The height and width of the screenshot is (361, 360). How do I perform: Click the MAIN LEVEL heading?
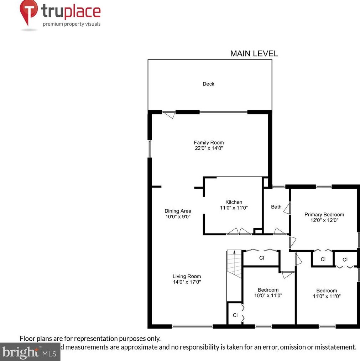(254, 54)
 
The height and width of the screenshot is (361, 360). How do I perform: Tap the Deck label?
(208, 84)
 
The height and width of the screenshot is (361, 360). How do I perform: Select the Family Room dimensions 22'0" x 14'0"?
(209, 148)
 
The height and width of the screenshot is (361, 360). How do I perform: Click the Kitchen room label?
(234, 202)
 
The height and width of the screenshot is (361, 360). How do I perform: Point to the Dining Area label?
(178, 211)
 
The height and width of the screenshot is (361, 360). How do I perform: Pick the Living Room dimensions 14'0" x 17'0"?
(187, 282)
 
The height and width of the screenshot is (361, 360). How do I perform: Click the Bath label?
(276, 206)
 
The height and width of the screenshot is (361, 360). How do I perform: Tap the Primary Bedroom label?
(324, 214)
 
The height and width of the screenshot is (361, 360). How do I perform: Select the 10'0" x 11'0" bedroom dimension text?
(268, 295)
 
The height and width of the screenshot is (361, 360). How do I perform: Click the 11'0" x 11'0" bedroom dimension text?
(327, 296)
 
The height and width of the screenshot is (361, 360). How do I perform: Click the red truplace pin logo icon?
(28, 12)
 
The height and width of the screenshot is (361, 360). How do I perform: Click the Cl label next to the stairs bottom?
(235, 315)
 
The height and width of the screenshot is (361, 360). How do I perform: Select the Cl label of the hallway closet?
(261, 258)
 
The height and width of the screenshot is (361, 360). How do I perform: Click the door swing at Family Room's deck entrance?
(169, 115)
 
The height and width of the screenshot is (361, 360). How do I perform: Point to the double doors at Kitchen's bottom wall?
(239, 231)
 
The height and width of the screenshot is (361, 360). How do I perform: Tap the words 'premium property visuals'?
(72, 24)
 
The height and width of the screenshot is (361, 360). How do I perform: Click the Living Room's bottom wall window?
(192, 326)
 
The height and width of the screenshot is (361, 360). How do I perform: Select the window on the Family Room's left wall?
(150, 148)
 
